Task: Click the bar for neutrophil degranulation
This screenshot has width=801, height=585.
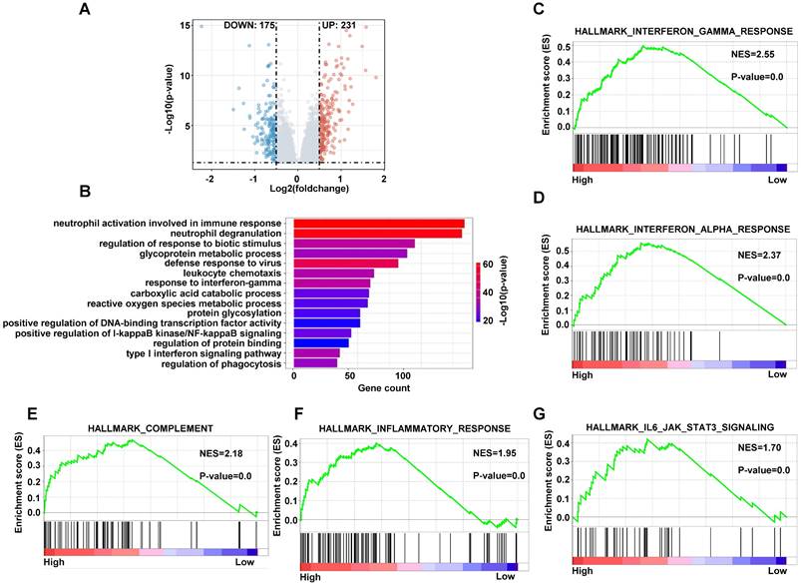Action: coord(377,234)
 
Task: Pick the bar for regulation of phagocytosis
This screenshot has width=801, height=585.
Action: coord(315,363)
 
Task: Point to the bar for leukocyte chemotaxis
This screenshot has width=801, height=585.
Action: coord(333,273)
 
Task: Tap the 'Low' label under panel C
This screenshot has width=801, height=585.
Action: coord(777,183)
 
